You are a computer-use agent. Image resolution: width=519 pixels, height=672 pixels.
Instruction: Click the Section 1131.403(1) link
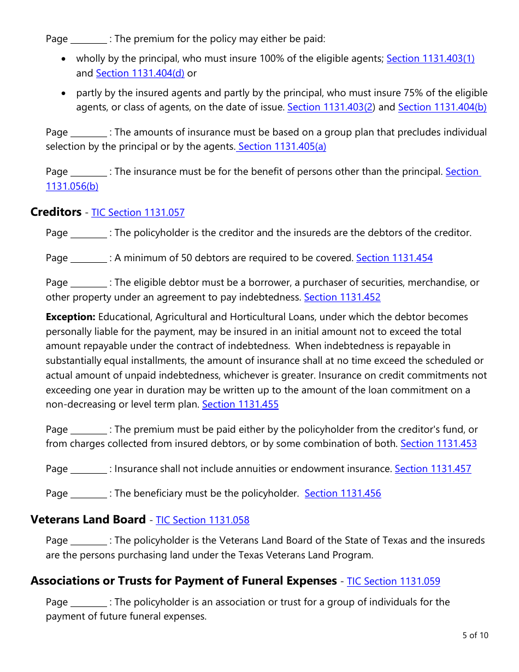coord(430,58)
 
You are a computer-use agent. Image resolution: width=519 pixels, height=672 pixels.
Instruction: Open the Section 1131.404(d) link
coord(140,73)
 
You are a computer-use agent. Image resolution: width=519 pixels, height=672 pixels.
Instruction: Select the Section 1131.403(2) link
coord(330,107)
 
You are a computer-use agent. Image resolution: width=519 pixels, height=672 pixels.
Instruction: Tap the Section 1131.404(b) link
coord(442,107)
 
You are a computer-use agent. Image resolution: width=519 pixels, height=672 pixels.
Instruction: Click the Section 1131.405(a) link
coord(282,146)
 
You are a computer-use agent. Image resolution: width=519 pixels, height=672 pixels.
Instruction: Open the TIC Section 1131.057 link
coord(138,213)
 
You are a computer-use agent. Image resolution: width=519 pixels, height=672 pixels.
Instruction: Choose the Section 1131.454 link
coord(394,258)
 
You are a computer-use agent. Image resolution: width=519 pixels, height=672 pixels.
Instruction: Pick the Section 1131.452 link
coord(342,297)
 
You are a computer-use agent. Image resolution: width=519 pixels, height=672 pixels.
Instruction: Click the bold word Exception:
coord(70,317)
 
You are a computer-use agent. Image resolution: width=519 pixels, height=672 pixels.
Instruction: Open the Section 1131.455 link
coord(240,404)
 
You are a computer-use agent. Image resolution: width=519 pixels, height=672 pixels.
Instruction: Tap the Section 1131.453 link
coord(438,444)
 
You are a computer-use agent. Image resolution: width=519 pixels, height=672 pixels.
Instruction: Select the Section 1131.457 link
coord(433,469)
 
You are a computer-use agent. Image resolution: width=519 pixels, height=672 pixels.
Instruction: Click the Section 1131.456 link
coord(343,493)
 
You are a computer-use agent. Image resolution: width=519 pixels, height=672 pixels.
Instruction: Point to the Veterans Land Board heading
coord(88,520)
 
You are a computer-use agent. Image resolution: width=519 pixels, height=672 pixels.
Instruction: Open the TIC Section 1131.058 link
coord(203,520)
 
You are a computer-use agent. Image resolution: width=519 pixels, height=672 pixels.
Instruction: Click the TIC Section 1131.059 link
coord(393,581)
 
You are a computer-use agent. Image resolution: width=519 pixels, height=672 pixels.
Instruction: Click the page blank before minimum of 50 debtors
coord(89,258)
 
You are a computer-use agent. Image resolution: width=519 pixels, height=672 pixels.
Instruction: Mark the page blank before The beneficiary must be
coord(89,494)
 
